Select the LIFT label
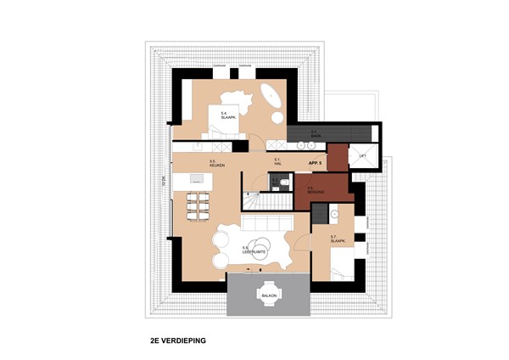point(362,157)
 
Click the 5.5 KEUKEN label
point(216,162)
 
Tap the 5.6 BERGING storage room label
point(313,190)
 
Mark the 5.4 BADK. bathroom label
point(314,132)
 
